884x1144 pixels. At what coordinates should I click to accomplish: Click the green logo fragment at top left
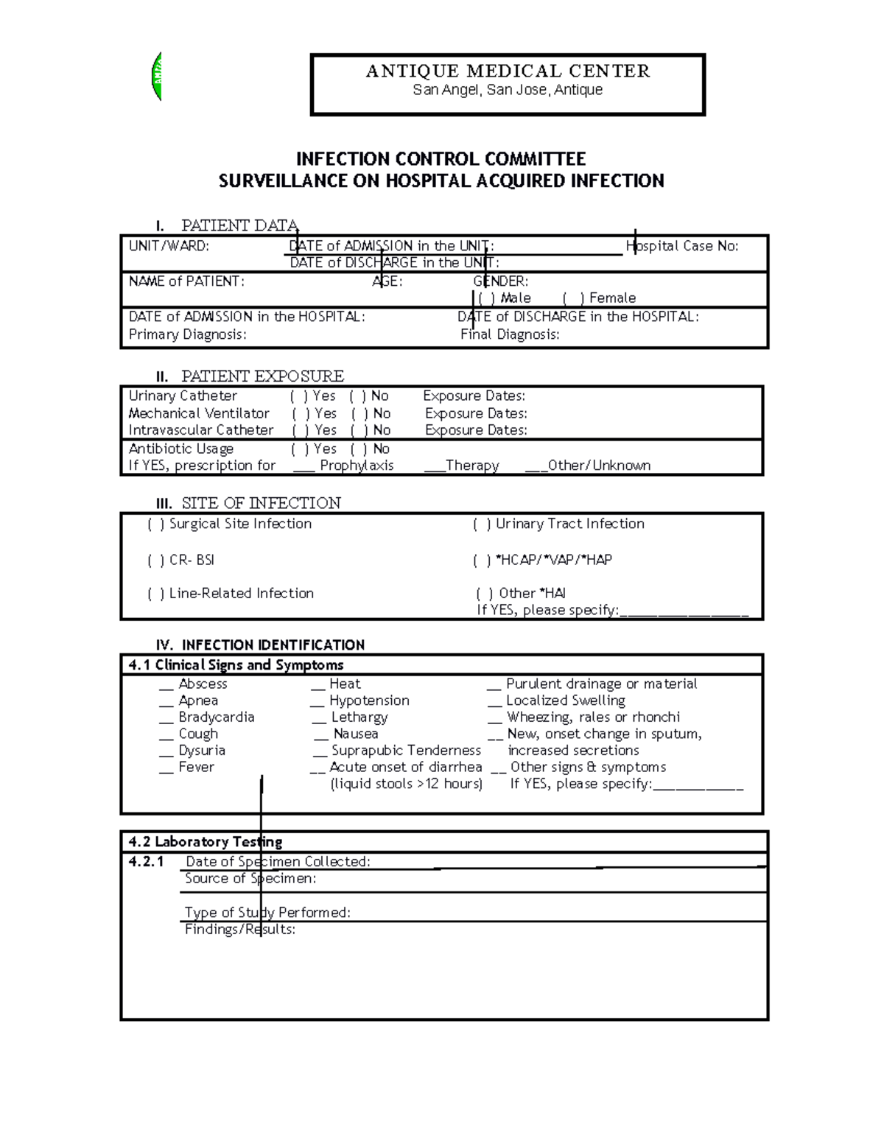tap(156, 77)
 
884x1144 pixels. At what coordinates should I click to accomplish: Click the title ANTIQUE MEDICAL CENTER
tap(508, 71)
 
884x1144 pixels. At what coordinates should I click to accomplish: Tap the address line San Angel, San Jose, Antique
tap(508, 90)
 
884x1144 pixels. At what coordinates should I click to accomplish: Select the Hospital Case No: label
tap(682, 246)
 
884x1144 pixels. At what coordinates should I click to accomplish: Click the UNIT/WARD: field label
tap(169, 246)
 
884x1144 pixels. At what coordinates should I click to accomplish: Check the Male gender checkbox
tap(486, 298)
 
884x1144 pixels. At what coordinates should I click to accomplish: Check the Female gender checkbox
tap(573, 298)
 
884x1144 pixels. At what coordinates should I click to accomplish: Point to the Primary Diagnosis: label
tap(187, 334)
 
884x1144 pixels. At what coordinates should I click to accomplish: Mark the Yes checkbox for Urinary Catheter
tap(299, 396)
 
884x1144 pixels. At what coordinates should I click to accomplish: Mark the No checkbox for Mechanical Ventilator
tap(359, 414)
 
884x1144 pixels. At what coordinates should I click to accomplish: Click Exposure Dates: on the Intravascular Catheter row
tap(476, 430)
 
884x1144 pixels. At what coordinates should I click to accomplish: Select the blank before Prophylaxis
tap(304, 466)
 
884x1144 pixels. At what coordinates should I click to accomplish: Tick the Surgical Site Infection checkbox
tap(156, 524)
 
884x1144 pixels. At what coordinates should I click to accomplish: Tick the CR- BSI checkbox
tap(156, 561)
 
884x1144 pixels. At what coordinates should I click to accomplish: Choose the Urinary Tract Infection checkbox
tap(482, 524)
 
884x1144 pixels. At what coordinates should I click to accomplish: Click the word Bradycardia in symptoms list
tap(217, 717)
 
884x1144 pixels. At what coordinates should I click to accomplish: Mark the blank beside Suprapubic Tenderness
tap(320, 751)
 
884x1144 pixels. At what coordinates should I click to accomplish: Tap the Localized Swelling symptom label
tap(565, 701)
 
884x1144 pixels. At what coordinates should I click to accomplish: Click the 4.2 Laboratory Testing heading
tap(206, 842)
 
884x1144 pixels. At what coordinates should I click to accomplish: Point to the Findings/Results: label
tap(240, 930)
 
